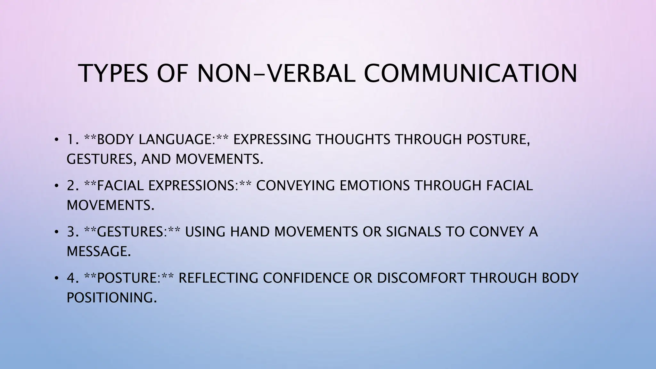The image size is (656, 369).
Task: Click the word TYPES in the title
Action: (114, 74)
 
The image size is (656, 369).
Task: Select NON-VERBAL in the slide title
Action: (276, 74)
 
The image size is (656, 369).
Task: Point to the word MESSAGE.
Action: (99, 251)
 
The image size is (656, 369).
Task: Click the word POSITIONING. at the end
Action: (112, 298)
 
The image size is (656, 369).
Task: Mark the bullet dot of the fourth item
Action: (56, 278)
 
